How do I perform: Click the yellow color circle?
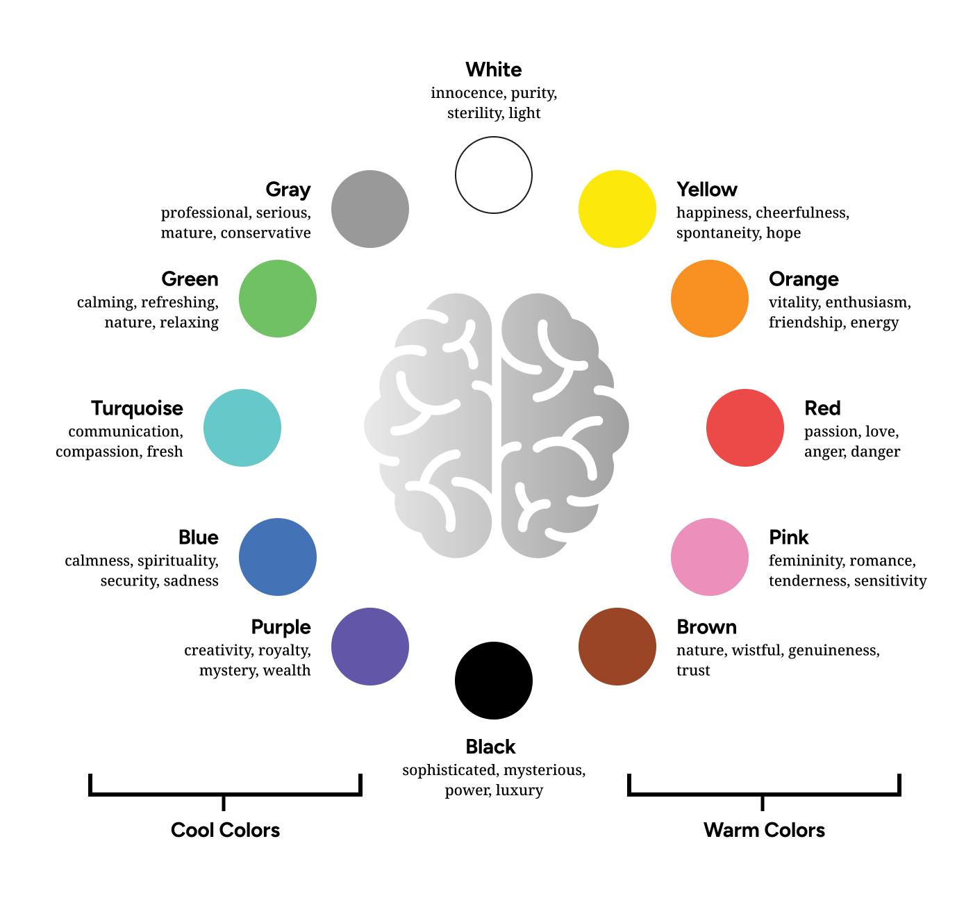coord(617,209)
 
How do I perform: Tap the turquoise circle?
coord(242,427)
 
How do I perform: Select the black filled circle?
coord(493,681)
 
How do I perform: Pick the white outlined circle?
coord(493,175)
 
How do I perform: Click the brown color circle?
coord(617,647)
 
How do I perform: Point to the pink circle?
coord(709,557)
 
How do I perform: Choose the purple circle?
coord(370,647)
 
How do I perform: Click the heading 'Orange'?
coord(804,279)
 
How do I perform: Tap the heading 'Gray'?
coord(288,189)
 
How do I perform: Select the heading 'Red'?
coord(822,408)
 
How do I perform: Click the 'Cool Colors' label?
coord(226,830)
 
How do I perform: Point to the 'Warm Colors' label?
coord(764,830)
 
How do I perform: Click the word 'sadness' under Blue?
coord(191,581)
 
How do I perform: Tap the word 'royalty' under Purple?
coord(285,651)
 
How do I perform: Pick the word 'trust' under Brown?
coord(692,670)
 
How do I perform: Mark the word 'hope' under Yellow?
coord(783,233)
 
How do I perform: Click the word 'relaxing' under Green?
coord(189,322)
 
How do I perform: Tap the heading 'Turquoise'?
coord(138,408)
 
